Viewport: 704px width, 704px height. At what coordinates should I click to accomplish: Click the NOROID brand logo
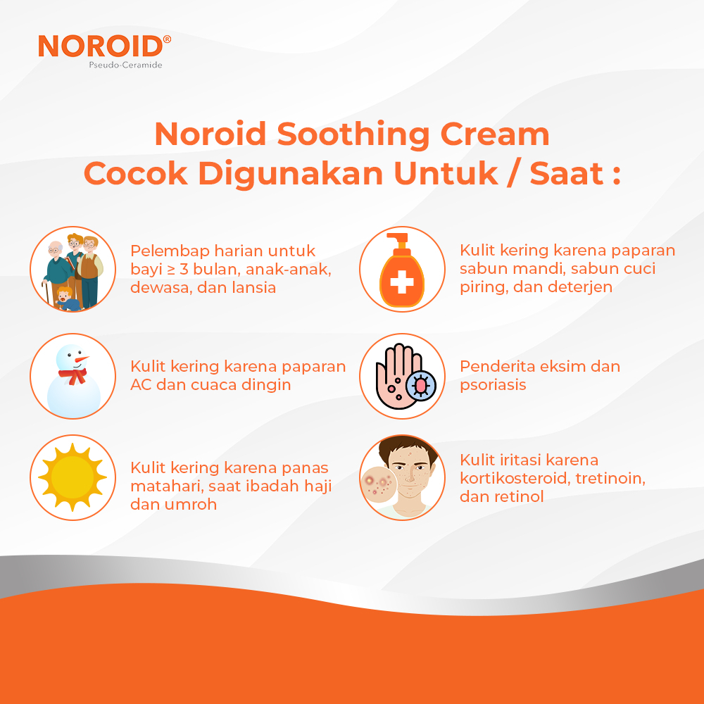(x=104, y=46)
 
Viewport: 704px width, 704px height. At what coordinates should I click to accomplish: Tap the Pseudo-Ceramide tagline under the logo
(x=125, y=65)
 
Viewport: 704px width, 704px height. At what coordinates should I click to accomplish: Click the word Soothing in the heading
(x=354, y=134)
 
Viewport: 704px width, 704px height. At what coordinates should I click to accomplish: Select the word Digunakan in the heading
(x=291, y=173)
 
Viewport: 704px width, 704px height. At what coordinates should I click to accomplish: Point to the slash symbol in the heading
(x=514, y=173)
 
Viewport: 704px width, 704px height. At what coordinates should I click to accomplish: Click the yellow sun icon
(x=73, y=477)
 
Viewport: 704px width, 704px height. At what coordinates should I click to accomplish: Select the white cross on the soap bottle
(x=402, y=282)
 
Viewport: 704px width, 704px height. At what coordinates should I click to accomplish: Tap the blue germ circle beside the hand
(x=421, y=385)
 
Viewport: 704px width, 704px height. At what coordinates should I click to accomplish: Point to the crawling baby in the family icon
(x=68, y=299)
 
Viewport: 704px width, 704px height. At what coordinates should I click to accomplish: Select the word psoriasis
(x=493, y=385)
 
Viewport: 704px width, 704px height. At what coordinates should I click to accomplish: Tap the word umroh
(x=191, y=504)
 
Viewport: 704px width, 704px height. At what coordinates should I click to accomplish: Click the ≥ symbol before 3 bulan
(x=170, y=270)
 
